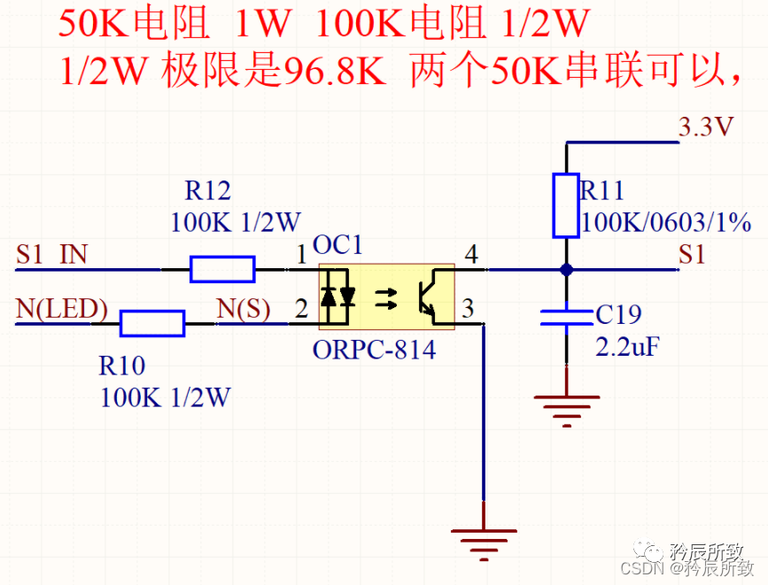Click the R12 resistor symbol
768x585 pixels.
pyautogui.click(x=222, y=268)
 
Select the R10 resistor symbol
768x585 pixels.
pyautogui.click(x=152, y=324)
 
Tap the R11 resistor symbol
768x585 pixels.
pyautogui.click(x=566, y=205)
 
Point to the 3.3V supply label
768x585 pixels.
pyautogui.click(x=706, y=127)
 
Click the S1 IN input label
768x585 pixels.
pyautogui.click(x=51, y=255)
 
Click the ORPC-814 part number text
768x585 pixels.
pyautogui.click(x=374, y=350)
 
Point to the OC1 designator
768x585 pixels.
pyautogui.click(x=337, y=245)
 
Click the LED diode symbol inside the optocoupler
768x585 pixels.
pyautogui.click(x=338, y=296)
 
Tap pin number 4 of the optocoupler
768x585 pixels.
pyautogui.click(x=471, y=255)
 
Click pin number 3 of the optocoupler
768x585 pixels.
pyautogui.click(x=468, y=309)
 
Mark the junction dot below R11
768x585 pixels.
pyautogui.click(x=566, y=268)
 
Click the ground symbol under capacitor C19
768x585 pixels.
pyautogui.click(x=566, y=408)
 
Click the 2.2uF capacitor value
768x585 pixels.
pyautogui.click(x=627, y=346)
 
